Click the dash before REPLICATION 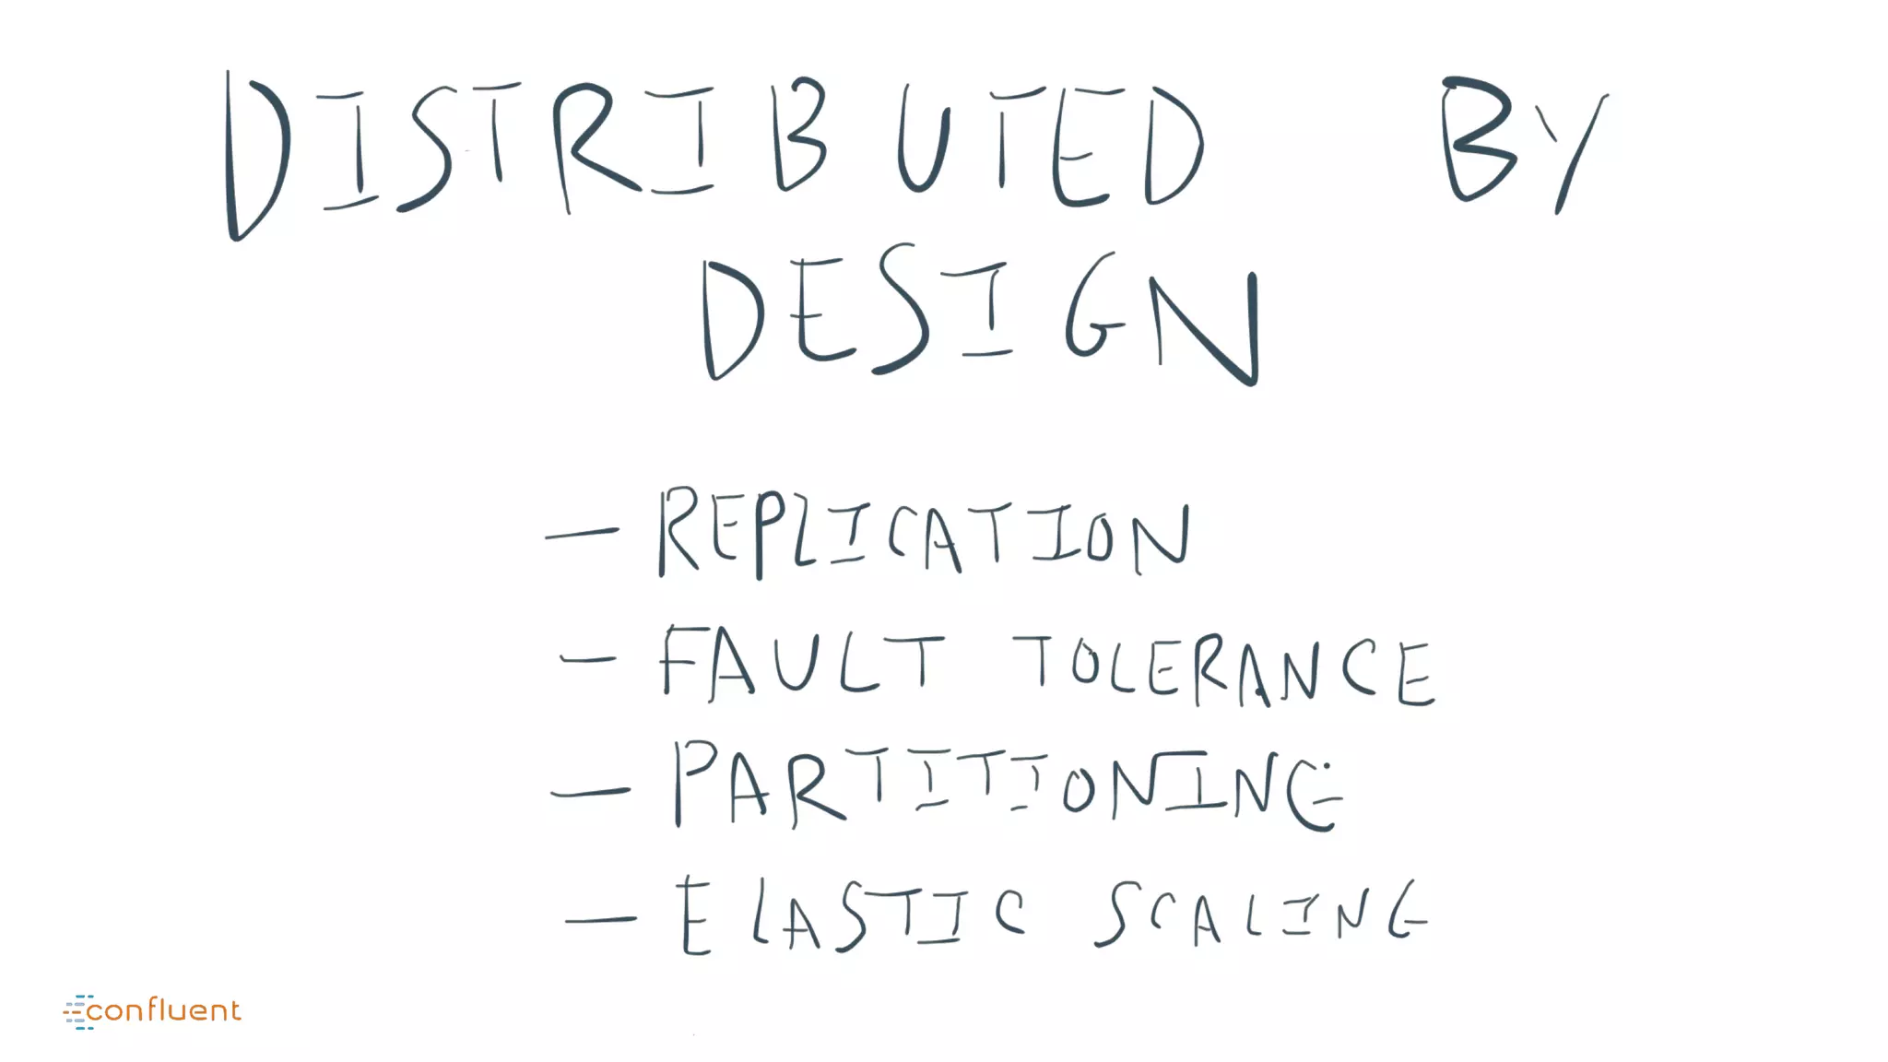tap(582, 533)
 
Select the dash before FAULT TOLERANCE tap(588, 659)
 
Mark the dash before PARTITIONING tap(590, 791)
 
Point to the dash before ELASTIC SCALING tap(600, 919)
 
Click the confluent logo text tap(164, 1010)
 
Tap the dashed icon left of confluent tap(77, 1011)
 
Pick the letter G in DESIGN tap(1094, 309)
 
